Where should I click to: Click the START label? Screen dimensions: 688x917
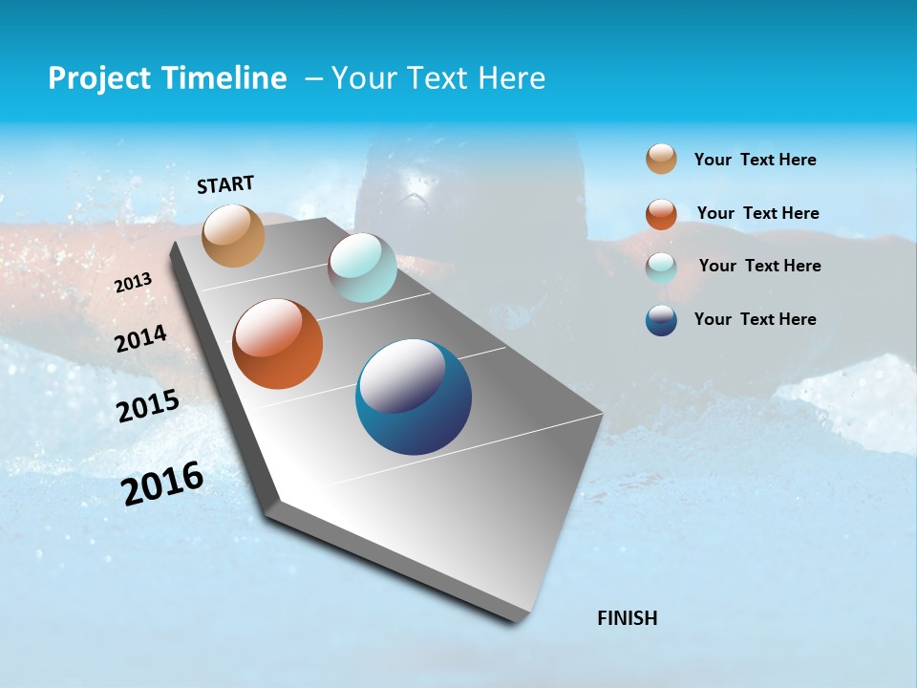point(225,184)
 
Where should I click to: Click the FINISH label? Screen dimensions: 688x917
point(627,617)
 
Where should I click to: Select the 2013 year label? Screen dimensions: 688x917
point(134,283)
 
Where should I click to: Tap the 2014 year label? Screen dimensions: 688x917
point(141,338)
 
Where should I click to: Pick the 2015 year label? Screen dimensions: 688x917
point(148,406)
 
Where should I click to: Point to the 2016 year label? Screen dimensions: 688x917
point(162,483)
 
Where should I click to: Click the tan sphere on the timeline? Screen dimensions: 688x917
point(234,235)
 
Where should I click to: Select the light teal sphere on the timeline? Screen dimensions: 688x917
point(362,268)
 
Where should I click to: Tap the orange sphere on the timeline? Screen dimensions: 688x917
point(277,344)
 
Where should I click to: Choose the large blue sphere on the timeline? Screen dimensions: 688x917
point(414,397)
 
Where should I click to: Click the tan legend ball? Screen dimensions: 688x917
point(661,159)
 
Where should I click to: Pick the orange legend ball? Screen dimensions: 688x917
point(661,214)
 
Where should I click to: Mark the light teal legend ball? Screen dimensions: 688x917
point(661,268)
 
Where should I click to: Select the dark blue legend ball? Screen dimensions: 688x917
point(661,320)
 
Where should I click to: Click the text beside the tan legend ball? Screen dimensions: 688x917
point(755,160)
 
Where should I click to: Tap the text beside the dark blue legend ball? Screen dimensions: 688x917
point(755,319)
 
